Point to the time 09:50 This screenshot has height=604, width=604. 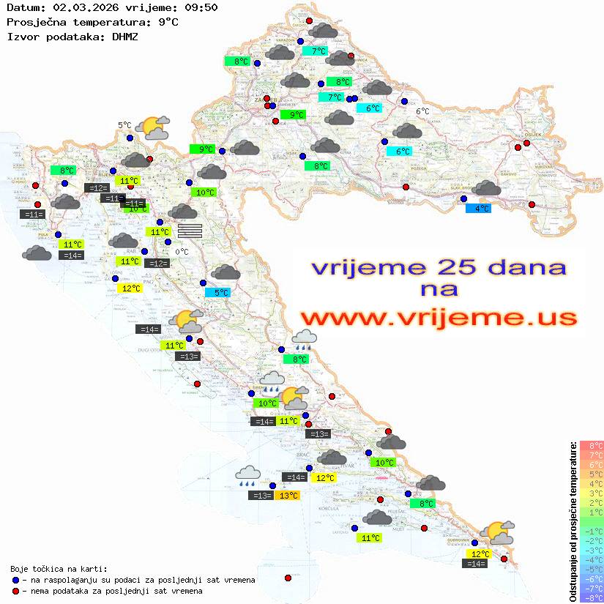(201, 7)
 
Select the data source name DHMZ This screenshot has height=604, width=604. (124, 36)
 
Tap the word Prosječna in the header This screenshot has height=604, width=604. (37, 22)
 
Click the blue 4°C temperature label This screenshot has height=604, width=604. (478, 209)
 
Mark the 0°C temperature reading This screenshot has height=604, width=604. (182, 253)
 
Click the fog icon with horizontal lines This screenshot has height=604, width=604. (190, 231)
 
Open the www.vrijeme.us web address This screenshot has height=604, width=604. (439, 318)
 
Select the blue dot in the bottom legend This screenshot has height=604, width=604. (15, 580)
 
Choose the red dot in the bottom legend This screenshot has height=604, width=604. (15, 591)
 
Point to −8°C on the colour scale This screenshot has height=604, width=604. (591, 597)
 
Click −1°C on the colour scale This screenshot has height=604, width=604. (591, 531)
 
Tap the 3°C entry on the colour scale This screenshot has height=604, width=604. (591, 493)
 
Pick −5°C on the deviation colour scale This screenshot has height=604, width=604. (591, 569)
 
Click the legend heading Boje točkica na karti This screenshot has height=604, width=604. (59, 569)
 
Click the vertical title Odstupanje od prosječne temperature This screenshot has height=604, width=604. (573, 521)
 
